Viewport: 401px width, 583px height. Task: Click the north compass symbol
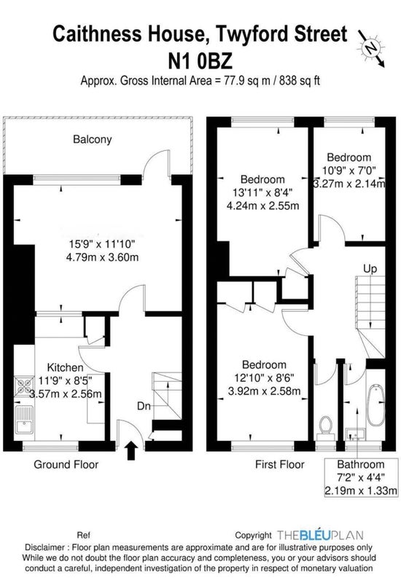click(371, 48)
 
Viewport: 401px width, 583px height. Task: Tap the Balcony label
click(93, 139)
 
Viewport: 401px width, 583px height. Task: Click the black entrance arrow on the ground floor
click(131, 450)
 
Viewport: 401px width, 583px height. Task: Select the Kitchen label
click(65, 367)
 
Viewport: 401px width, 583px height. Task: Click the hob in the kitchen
click(24, 386)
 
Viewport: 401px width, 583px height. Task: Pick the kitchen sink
click(24, 419)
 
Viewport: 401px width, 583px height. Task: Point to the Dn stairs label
click(144, 406)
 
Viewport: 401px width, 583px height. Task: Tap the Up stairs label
click(370, 268)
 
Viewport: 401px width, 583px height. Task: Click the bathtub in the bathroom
click(375, 405)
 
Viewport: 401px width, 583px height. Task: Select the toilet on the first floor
click(326, 428)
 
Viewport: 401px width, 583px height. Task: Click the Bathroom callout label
click(360, 464)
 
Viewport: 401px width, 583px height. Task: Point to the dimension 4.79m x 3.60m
click(102, 257)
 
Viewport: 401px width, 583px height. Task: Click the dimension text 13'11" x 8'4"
click(263, 192)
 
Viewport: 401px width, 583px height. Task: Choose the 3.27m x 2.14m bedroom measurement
click(349, 184)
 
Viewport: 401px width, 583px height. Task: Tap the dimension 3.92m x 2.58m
click(264, 391)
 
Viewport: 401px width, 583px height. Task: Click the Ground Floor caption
click(66, 464)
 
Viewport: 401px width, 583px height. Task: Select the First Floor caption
click(279, 464)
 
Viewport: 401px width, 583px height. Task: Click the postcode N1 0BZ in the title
click(200, 61)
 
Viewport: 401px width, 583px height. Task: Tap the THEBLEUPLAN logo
click(320, 535)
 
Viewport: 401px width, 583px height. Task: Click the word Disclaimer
click(44, 547)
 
